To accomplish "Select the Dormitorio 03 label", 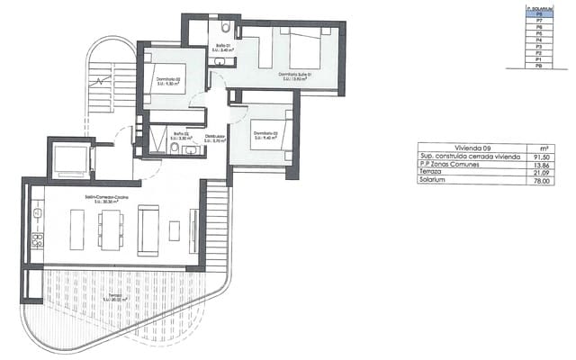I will (x=265, y=133).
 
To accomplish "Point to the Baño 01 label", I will (x=223, y=47).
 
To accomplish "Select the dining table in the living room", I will (x=111, y=229).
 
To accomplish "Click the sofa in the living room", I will (x=148, y=229).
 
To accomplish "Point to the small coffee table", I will (x=174, y=230).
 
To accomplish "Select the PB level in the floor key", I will (x=538, y=66).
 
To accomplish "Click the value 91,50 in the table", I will (x=543, y=157).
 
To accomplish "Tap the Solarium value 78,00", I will (x=543, y=181).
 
